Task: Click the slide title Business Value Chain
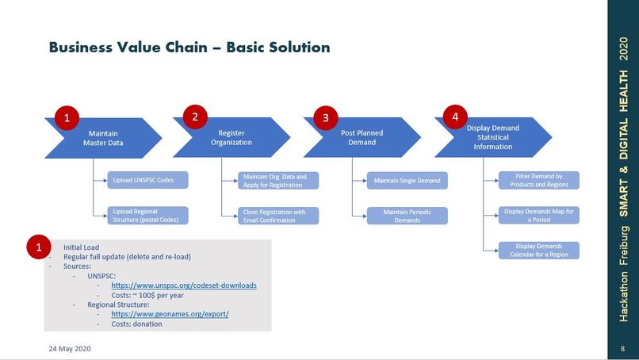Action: (x=189, y=48)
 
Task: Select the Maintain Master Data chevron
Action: (x=103, y=138)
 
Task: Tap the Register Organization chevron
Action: (x=235, y=138)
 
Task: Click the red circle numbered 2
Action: (x=195, y=117)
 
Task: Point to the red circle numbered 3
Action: (x=325, y=117)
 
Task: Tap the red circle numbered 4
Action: (x=455, y=117)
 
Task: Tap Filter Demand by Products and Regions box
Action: (x=538, y=181)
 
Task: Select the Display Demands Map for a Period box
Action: (x=538, y=216)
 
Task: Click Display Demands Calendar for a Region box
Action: (x=538, y=251)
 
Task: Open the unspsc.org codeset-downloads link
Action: (x=184, y=285)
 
